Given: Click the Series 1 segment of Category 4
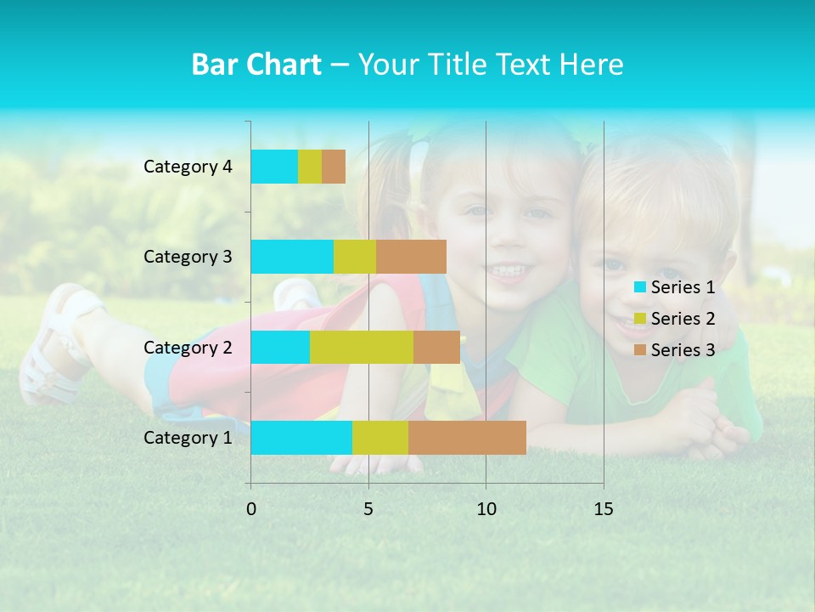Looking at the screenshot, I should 274,167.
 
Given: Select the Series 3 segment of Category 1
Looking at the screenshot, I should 467,438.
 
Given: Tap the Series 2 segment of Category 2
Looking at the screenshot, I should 362,348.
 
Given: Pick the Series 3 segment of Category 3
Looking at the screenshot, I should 411,257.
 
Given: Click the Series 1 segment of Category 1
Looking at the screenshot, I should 301,438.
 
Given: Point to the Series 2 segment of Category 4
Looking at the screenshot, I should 310,167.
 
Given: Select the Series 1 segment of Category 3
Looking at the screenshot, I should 292,257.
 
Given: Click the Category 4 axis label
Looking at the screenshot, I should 188,167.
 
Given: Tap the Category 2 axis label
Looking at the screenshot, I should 188,348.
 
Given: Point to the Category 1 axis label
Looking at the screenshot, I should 188,438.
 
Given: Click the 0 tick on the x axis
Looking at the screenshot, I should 251,509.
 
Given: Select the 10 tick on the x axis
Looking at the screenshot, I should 486,509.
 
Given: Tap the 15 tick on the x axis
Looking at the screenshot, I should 603,509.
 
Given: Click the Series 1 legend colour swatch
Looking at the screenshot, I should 639,287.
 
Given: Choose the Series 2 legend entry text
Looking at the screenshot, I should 683,319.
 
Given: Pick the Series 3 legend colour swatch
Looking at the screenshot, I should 639,350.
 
